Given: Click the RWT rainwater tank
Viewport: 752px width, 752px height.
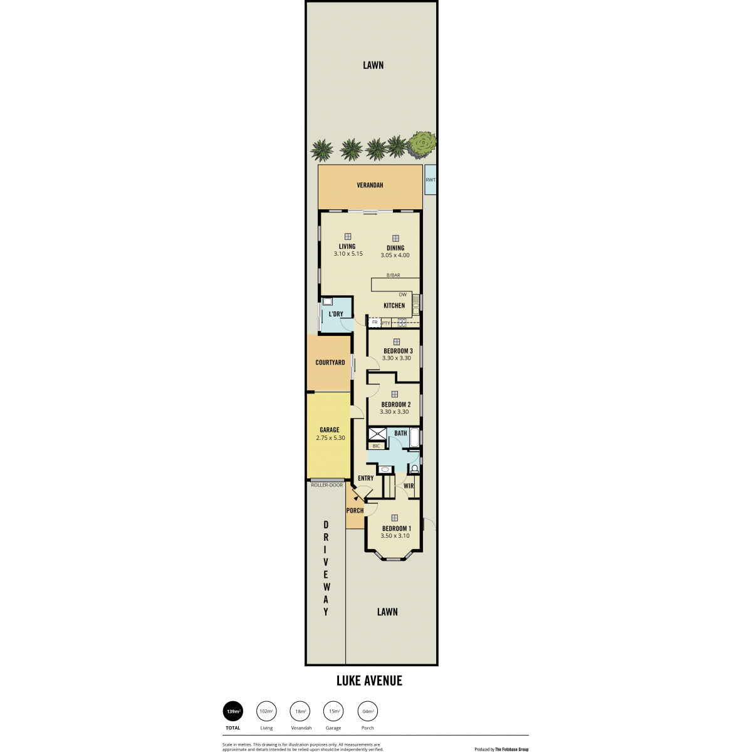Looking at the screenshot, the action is click(430, 180).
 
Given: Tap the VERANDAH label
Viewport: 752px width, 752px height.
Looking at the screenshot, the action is click(370, 185).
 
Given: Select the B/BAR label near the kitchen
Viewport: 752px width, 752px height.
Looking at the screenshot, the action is click(393, 275).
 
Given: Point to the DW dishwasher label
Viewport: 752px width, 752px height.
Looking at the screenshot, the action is click(402, 295).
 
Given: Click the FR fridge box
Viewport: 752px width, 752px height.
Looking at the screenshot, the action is click(375, 322).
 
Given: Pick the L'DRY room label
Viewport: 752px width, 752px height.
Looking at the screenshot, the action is click(336, 314).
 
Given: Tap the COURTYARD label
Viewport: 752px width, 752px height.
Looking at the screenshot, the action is click(330, 362).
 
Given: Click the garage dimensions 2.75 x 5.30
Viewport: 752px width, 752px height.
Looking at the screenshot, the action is click(330, 438).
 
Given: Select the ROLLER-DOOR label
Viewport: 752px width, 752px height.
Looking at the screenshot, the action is click(327, 485).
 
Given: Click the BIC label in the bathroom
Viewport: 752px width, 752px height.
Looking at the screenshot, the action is click(376, 446).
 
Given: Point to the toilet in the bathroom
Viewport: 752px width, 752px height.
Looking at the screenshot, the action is click(414, 468).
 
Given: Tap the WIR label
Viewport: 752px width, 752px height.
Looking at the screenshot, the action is click(409, 486).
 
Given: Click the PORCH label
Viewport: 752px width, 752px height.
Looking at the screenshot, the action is click(355, 511).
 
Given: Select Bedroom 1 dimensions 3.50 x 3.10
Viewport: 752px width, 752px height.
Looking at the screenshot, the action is click(395, 535).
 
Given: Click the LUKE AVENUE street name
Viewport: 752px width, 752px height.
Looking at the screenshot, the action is click(369, 681).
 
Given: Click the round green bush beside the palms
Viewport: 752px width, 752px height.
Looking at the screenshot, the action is click(422, 144).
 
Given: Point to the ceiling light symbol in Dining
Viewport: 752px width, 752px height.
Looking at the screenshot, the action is click(395, 238).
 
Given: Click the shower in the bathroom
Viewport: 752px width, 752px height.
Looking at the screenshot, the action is click(377, 435).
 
